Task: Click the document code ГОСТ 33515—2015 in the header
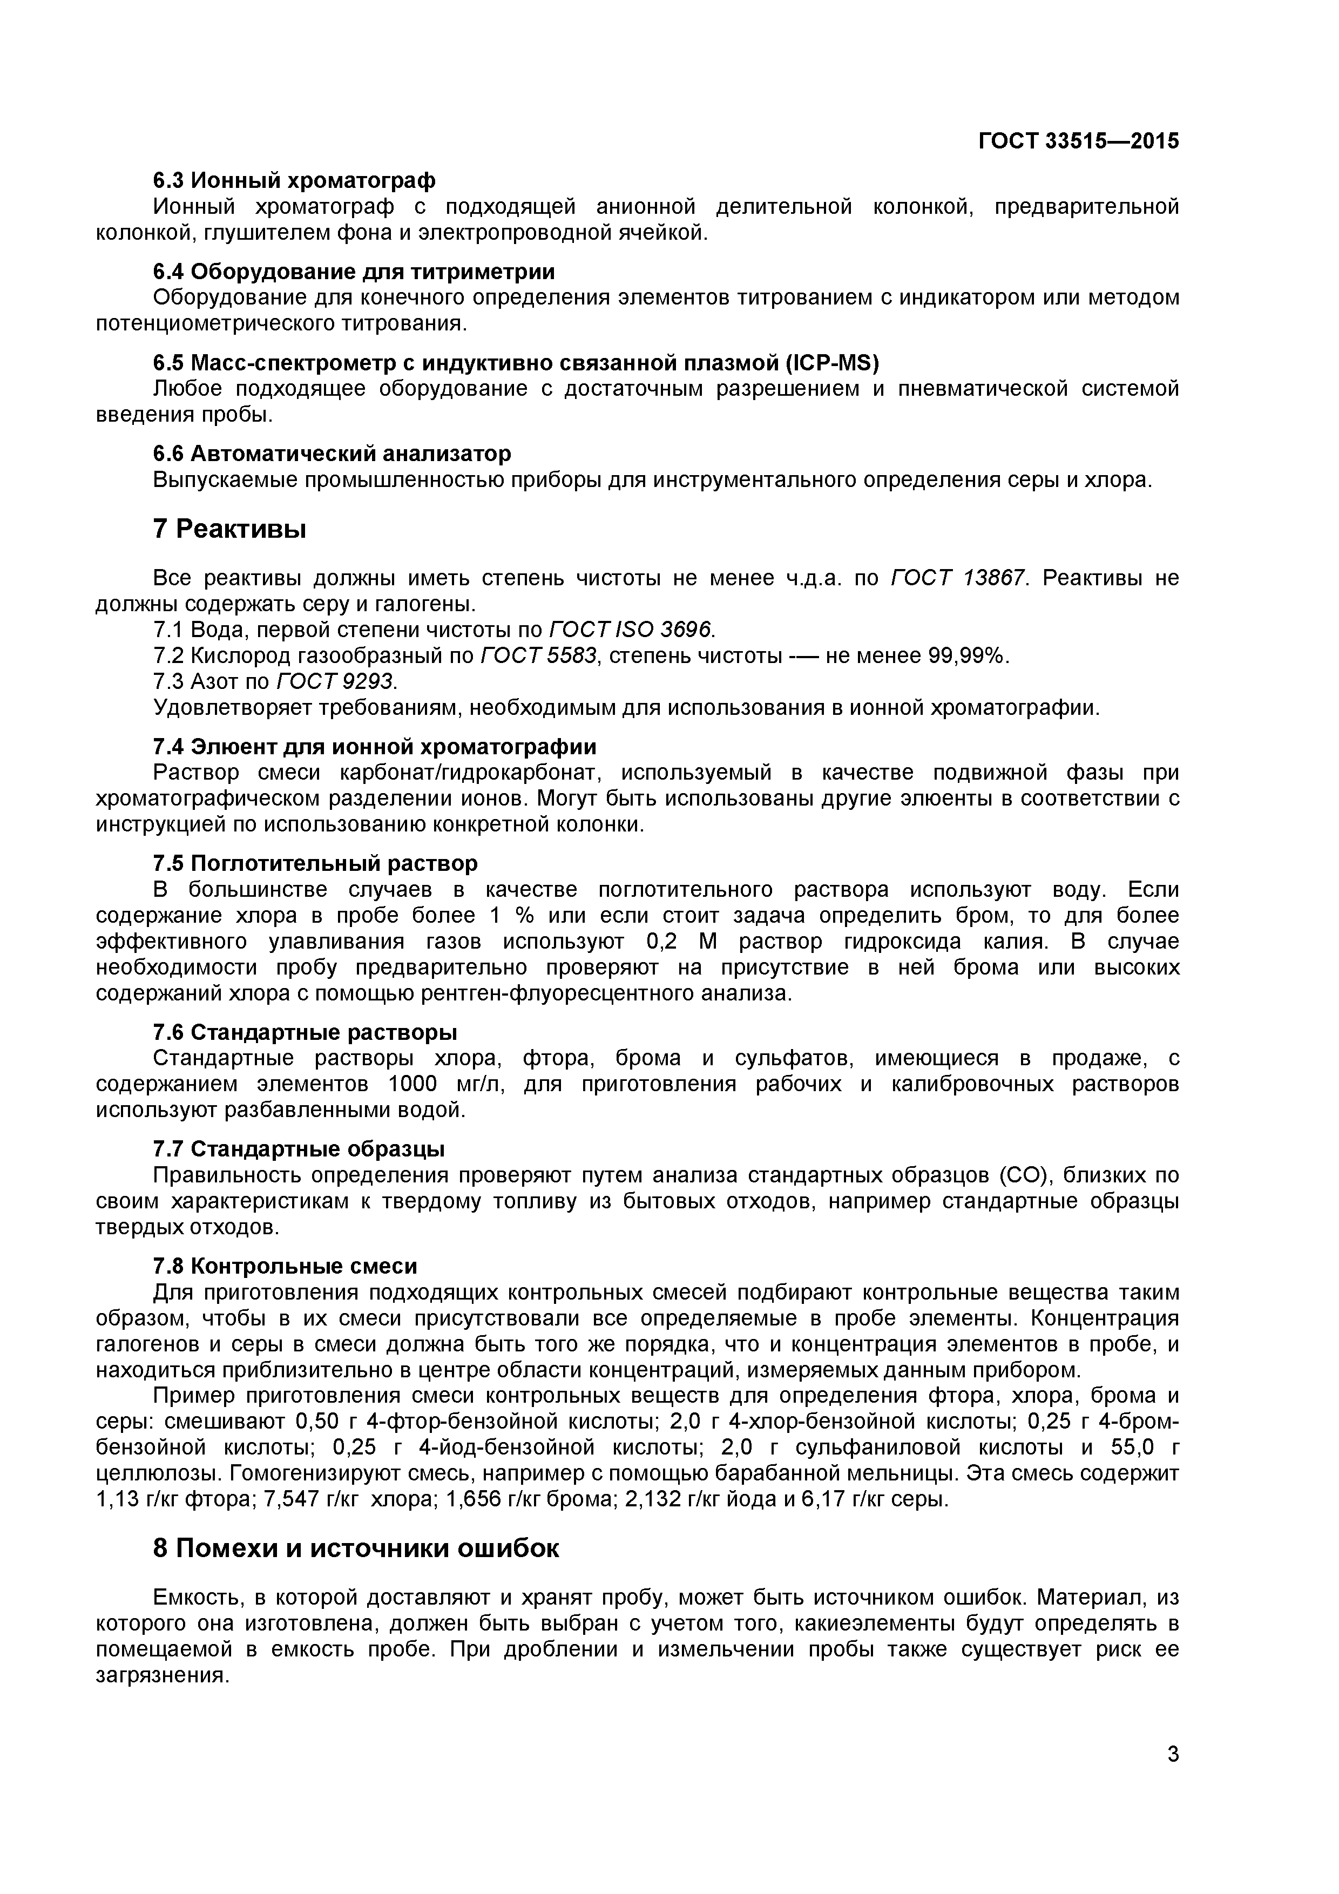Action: [x=1078, y=141]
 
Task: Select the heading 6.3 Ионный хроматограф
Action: [x=295, y=180]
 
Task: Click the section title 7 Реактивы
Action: [x=229, y=528]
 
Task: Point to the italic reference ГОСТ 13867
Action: [x=959, y=578]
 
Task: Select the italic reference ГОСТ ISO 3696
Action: [x=631, y=630]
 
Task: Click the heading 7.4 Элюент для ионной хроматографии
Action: [x=375, y=747]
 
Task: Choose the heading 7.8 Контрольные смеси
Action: [x=286, y=1266]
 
